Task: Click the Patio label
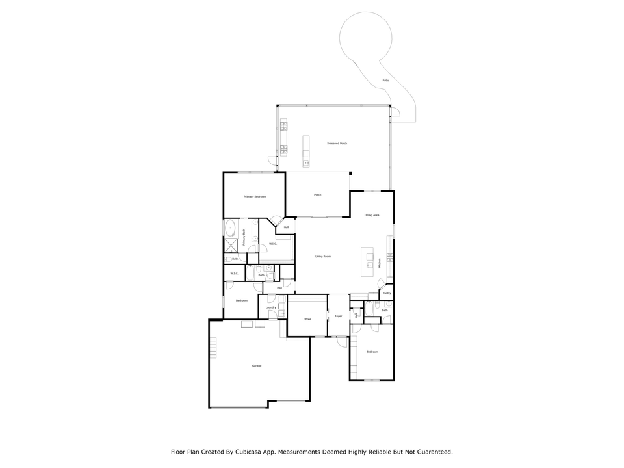coord(385,80)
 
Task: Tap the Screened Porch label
coord(337,143)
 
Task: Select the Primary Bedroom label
coord(255,196)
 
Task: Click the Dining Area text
coord(372,215)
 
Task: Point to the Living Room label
coord(323,257)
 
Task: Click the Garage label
coord(257,366)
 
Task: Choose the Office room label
coord(307,319)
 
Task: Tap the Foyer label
coord(338,317)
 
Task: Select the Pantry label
coord(387,293)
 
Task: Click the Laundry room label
coord(271,307)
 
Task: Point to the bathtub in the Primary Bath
coord(230,228)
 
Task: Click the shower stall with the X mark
coord(231,245)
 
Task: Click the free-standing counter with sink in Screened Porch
coord(305,151)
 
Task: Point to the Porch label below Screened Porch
coord(318,194)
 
